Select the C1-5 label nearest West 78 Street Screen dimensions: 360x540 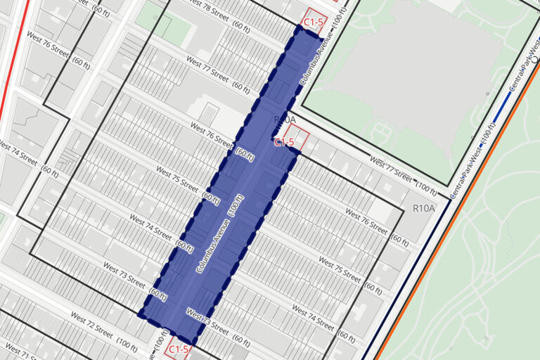[x=314, y=22]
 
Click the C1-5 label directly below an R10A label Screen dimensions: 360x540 [x=283, y=142]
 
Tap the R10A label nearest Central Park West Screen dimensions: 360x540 [x=424, y=208]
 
